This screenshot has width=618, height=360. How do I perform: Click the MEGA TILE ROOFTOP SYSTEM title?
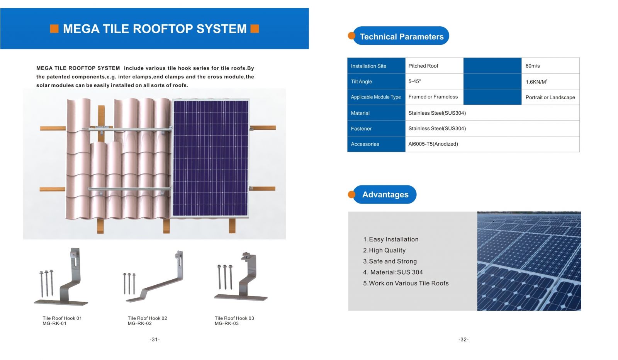point(154,29)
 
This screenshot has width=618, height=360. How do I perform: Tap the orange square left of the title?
point(54,29)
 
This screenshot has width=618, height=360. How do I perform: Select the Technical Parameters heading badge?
point(401,36)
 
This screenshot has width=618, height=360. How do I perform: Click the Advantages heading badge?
point(385,195)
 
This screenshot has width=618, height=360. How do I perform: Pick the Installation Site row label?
point(368,66)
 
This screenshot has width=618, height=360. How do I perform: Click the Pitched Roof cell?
point(423,66)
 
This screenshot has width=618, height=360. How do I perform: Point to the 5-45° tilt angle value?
point(414,82)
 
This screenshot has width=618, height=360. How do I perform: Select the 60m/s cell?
point(533,66)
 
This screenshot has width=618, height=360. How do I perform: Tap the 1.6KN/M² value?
point(536,82)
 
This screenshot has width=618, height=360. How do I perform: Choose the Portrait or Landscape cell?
point(550,97)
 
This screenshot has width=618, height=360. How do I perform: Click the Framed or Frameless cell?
point(433,97)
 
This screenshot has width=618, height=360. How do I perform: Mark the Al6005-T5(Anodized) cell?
point(433,144)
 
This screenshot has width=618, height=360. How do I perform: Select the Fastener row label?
point(361,129)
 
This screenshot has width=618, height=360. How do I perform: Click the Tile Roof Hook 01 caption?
point(62,318)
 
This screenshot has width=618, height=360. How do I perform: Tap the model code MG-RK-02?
point(140,324)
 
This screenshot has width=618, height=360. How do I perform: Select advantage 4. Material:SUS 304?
point(393,272)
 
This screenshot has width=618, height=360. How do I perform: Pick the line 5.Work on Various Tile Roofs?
point(406,283)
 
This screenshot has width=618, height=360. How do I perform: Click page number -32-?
point(463,340)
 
